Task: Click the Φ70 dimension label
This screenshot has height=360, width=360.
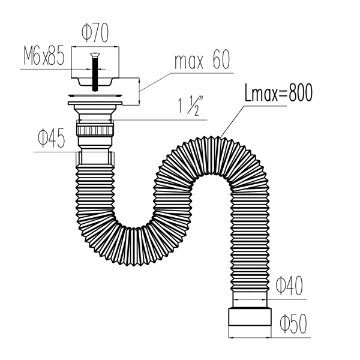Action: coord(95,33)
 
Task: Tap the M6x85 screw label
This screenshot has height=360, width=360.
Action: coord(44,56)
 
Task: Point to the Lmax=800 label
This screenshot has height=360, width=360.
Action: coord(278,92)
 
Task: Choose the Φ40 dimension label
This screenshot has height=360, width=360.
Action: coord(289,286)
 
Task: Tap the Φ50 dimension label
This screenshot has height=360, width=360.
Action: coord(293,323)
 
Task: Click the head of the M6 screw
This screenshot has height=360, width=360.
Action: coord(95,55)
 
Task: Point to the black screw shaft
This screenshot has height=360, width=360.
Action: coord(95,73)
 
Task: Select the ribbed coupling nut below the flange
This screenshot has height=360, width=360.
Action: coord(95,130)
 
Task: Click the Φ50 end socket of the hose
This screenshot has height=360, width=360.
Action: coord(250,317)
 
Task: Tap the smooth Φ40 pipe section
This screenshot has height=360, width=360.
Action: coord(250,299)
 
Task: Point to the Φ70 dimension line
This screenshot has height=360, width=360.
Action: coord(95,47)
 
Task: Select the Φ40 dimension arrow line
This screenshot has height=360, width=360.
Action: coord(250,299)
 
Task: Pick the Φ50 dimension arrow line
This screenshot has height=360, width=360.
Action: coord(250,337)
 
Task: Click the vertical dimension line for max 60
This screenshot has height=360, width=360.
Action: coord(139,91)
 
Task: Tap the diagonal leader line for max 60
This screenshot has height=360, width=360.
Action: coord(155,82)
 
